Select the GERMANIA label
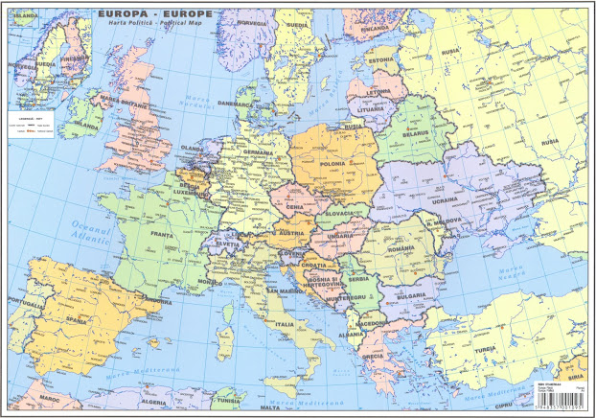coord(259,152)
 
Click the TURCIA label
coord(482,348)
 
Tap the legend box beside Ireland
coord(32,128)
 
